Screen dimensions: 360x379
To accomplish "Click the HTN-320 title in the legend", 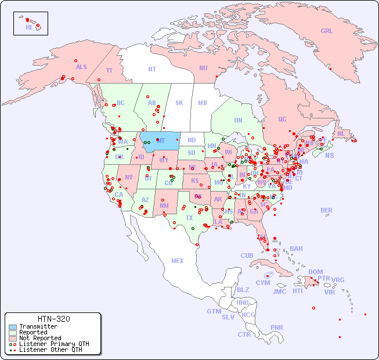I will [x=54, y=319].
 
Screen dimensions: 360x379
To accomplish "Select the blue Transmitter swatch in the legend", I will [x=12, y=327].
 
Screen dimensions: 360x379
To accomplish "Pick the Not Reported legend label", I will [x=39, y=338].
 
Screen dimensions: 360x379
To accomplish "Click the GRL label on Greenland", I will [x=327, y=31].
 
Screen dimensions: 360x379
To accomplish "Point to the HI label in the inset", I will [x=28, y=27].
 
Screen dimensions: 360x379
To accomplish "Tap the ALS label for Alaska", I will [x=81, y=67].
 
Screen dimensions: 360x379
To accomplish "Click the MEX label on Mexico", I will [x=178, y=261].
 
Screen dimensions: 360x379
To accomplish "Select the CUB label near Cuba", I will [x=247, y=255].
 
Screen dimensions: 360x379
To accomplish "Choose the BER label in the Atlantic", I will [x=327, y=210].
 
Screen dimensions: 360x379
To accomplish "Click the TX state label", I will [x=189, y=218].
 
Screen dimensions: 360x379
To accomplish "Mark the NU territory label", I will [x=203, y=68].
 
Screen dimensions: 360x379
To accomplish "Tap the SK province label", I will [x=179, y=103].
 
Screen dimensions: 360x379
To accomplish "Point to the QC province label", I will [x=282, y=119].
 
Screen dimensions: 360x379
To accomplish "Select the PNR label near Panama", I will [x=277, y=327].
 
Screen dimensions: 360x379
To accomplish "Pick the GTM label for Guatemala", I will [x=214, y=311].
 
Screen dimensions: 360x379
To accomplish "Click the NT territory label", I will [x=152, y=69].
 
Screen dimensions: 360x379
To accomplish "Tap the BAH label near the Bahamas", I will [x=296, y=249].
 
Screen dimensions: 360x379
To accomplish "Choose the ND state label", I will [x=192, y=140].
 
